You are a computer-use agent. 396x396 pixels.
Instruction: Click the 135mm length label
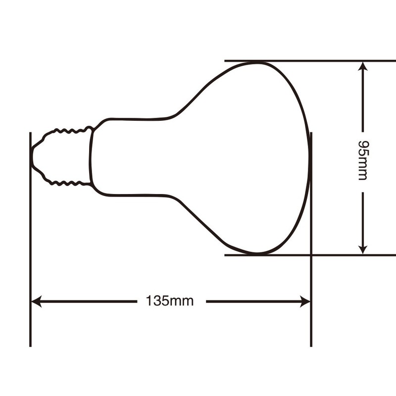pos(170,301)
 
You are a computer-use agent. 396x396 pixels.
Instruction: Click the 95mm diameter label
pos(363,159)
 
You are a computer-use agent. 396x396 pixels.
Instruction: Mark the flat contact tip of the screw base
pos(32,157)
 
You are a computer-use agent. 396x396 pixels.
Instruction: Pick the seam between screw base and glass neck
pos(91,157)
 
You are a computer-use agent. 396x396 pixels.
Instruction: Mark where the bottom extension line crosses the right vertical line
pos(311,255)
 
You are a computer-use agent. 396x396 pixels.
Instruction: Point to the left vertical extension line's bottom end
pos(30,345)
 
